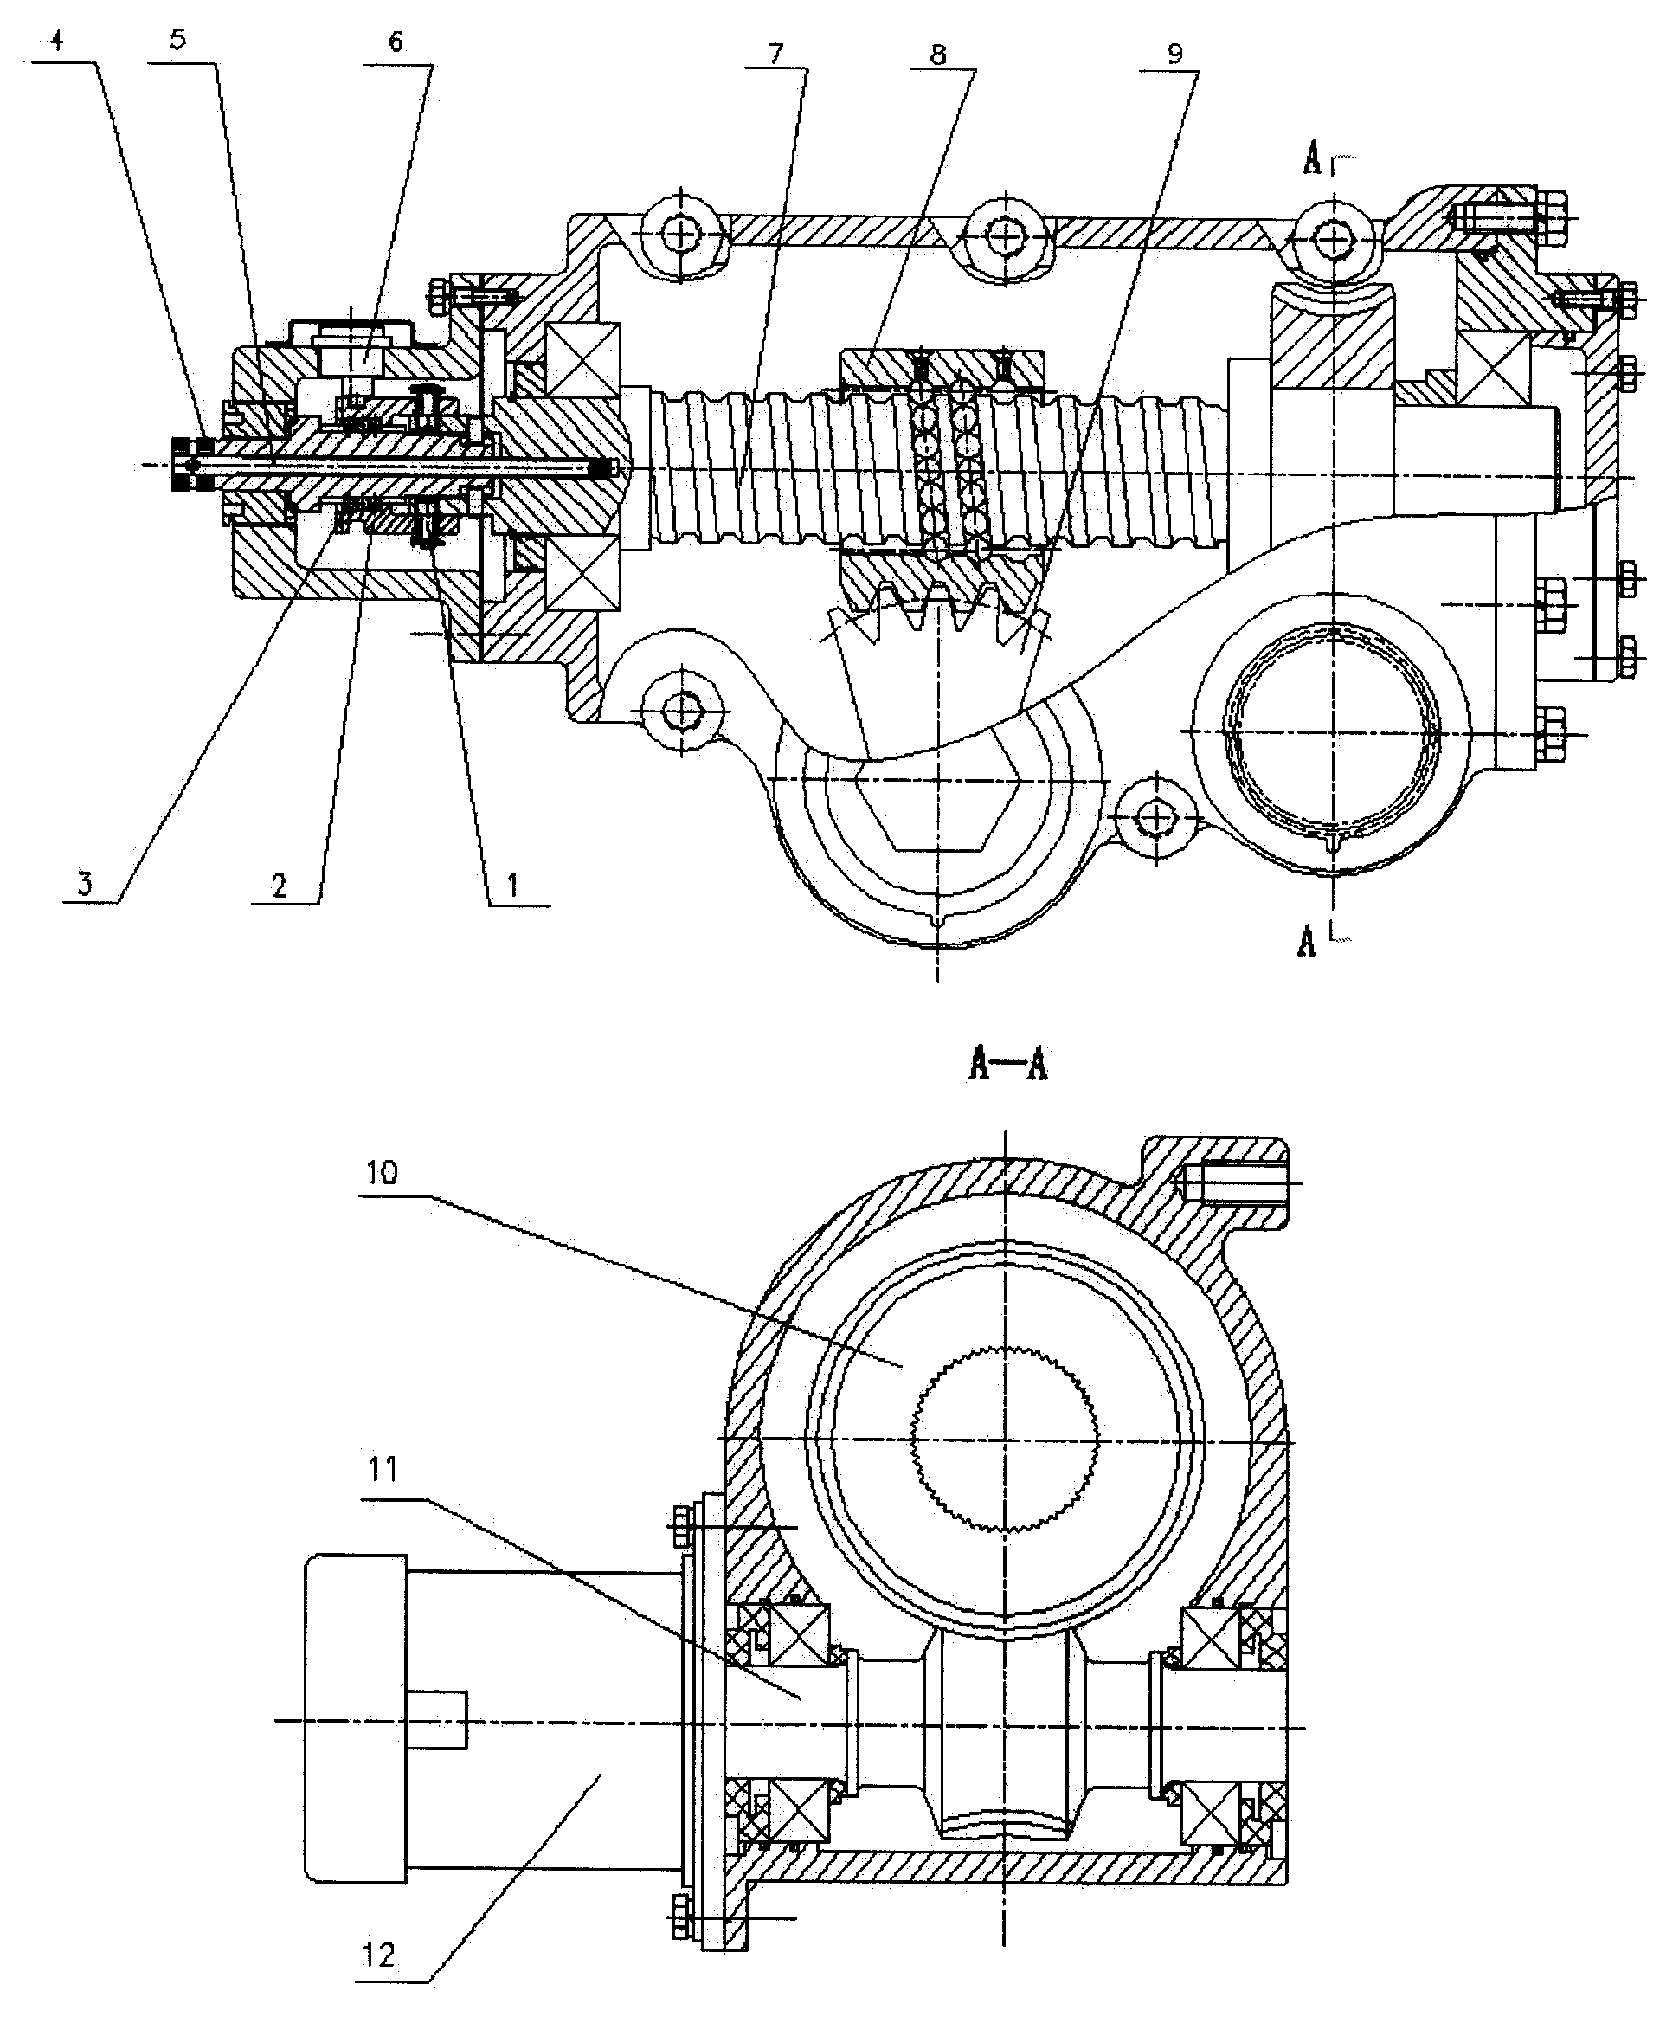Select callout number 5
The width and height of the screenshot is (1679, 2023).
pos(178,42)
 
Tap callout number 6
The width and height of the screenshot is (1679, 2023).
pos(396,43)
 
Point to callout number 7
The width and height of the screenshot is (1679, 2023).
pos(776,53)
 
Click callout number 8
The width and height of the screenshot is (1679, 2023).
pos(937,55)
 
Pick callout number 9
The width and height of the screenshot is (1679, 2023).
pos(1174,55)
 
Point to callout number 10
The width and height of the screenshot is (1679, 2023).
pos(382,1173)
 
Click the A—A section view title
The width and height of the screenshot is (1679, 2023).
pos(1007,1066)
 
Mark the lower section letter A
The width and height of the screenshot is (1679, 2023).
pos(1306,940)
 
